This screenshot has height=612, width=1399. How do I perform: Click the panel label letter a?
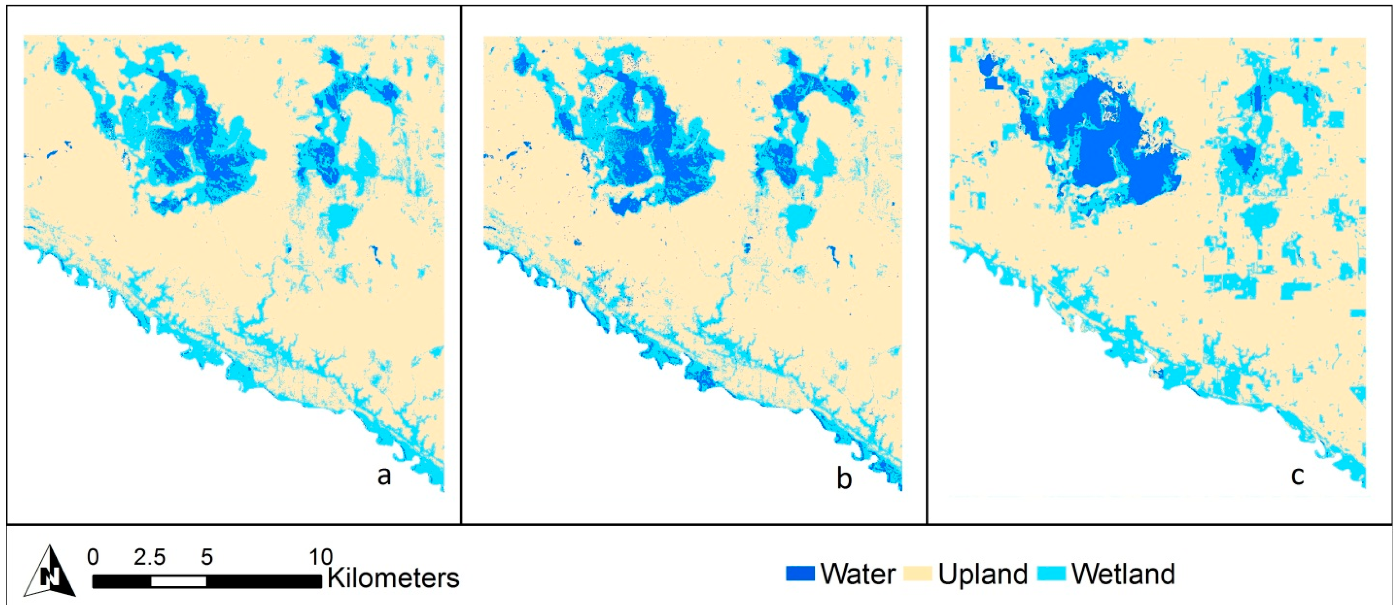384,476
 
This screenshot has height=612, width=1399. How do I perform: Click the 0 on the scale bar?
93,557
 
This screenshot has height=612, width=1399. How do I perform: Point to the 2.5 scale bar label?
150,557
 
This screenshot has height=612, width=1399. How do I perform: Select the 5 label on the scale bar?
207,557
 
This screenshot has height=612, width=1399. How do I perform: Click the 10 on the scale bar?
320,557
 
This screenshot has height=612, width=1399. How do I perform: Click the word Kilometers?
393,578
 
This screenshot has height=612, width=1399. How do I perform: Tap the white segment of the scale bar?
179,581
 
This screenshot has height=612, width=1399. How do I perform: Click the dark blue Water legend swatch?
800,574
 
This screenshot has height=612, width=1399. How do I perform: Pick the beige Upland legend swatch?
918,574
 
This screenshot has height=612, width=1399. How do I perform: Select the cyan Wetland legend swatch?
1051,574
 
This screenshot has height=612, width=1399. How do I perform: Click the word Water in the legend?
858,574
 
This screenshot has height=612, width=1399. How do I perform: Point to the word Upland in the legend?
983,574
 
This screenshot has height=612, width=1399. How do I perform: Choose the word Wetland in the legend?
1123,574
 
